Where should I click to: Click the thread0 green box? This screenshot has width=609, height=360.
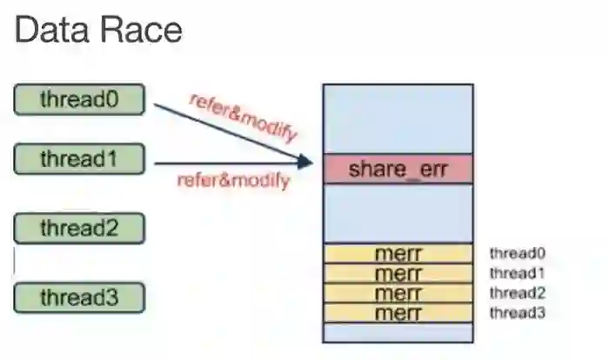pos(78,99)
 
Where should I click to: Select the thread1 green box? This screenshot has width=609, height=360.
pos(78,159)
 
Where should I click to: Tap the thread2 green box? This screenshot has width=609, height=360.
pos(78,229)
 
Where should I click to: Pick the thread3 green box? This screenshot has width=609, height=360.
pos(78,297)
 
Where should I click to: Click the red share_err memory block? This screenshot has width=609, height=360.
pos(398,169)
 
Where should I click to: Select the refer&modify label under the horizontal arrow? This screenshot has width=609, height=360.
pos(233,182)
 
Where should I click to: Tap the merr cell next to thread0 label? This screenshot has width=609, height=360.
pos(398,254)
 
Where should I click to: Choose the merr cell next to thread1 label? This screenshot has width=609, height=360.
pos(398,273)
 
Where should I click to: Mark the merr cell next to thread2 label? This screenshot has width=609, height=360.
pos(398,293)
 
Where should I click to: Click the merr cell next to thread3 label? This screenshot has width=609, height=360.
pos(398,312)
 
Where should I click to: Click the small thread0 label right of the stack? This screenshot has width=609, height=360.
pos(517,254)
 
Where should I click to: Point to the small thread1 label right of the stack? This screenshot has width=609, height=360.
pos(517,273)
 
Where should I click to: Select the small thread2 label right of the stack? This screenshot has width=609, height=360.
pos(517,293)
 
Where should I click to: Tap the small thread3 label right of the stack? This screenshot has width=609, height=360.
pos(517,312)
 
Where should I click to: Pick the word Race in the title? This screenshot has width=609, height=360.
pos(139,30)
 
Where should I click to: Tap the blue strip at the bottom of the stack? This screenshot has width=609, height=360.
pos(398,332)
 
